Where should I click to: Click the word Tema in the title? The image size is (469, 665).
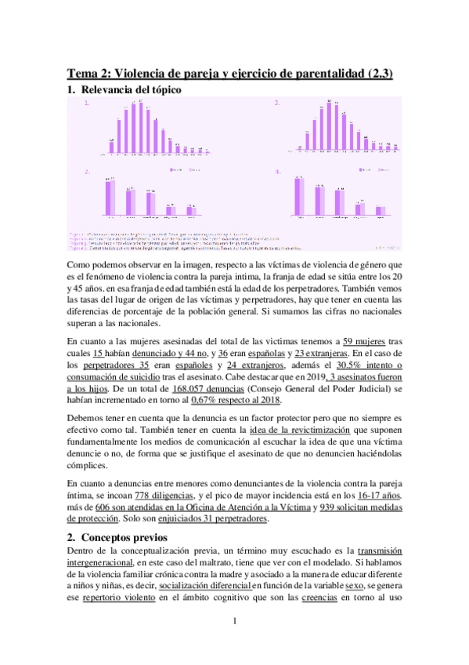coord(81,74)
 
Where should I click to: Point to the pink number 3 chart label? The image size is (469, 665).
coord(276,104)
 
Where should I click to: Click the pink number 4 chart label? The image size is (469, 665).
coord(276,171)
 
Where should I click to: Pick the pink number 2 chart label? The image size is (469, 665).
coord(87,171)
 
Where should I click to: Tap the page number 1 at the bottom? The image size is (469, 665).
coord(234,644)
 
